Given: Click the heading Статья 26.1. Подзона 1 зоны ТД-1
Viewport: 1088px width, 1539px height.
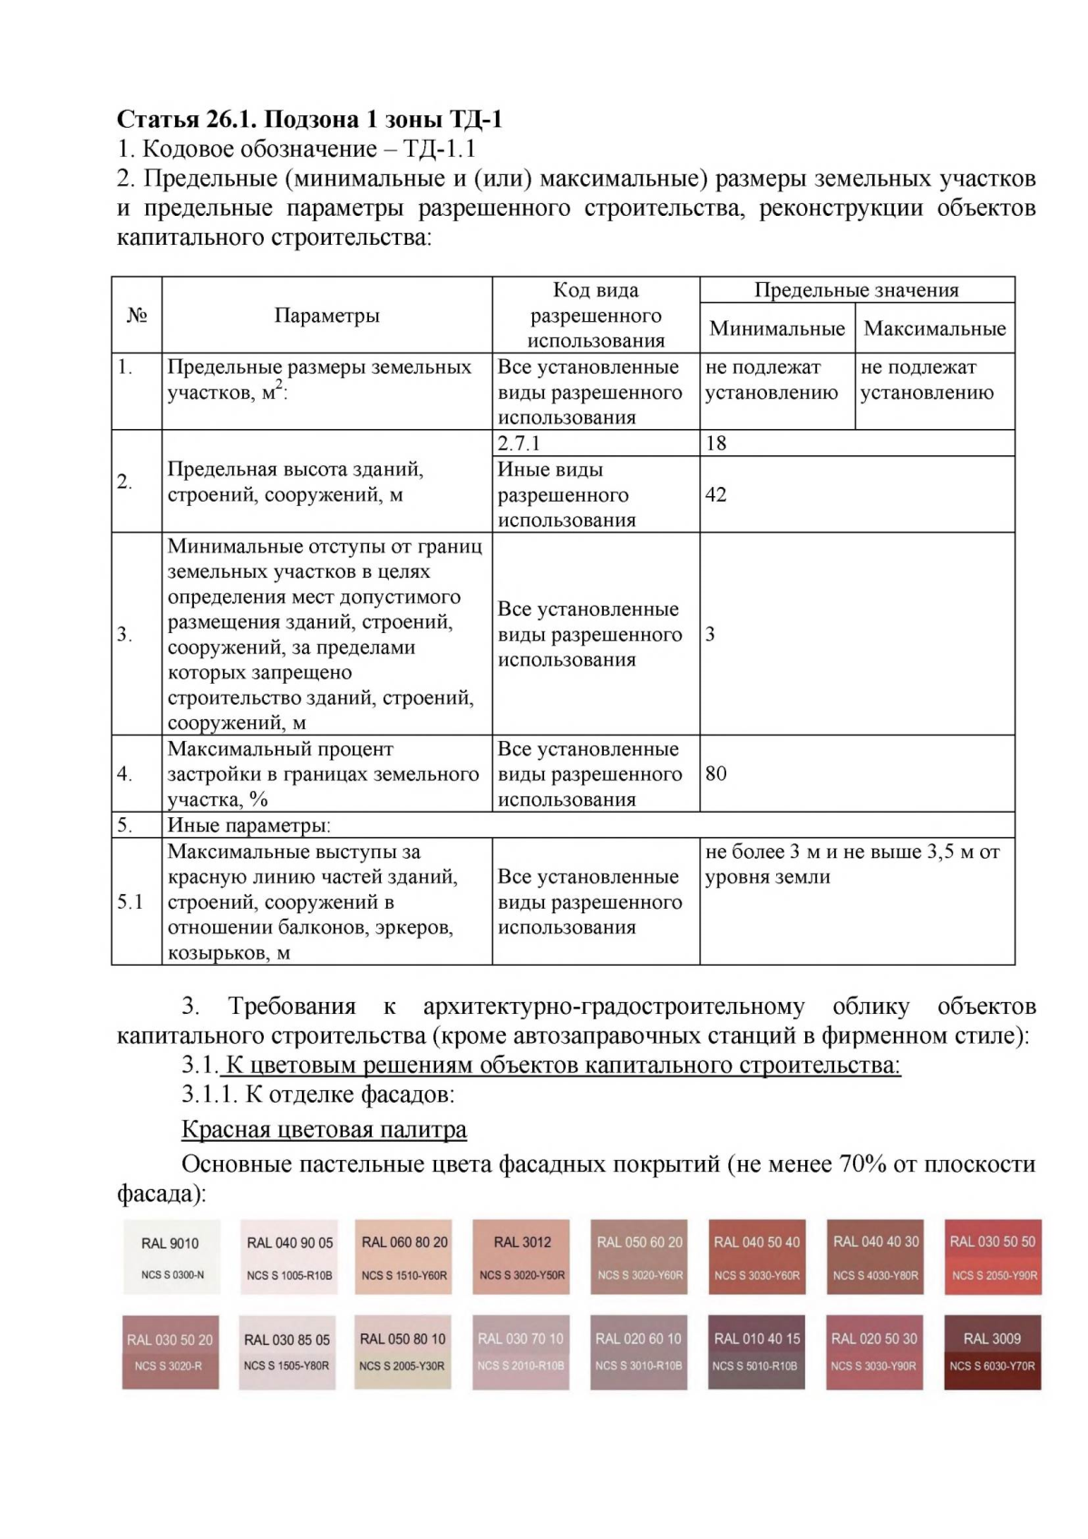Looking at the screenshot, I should pos(309,119).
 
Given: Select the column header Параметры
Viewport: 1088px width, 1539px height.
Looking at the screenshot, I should pos(326,316).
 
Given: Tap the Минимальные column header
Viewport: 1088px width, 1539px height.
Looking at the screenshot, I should pos(776,328).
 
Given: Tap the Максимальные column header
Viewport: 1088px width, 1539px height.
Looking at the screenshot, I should pos(934,328).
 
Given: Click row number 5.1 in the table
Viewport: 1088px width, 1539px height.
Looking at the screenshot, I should pos(131,901).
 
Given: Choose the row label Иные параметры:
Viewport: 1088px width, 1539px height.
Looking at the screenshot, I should pos(248,825).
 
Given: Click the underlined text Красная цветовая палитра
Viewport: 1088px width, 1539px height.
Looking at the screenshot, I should pos(324,1129).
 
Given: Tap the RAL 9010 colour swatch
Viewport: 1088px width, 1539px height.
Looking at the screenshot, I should pos(170,1257).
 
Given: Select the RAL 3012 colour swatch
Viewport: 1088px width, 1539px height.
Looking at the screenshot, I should pos(521,1257).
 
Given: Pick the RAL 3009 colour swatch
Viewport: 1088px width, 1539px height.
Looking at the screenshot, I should pos(992,1351).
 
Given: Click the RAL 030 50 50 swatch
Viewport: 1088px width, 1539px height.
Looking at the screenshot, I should pos(992,1257).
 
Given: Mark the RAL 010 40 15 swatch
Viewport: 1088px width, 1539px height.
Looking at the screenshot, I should pos(756,1351).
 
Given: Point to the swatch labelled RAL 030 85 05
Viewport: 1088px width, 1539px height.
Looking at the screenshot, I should pos(287,1351).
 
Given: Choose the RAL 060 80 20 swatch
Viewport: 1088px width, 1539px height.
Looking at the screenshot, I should pos(404,1257).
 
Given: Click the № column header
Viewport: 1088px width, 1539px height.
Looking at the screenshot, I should pos(137,316).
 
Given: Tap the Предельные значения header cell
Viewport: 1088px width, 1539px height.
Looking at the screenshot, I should pos(856,290).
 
